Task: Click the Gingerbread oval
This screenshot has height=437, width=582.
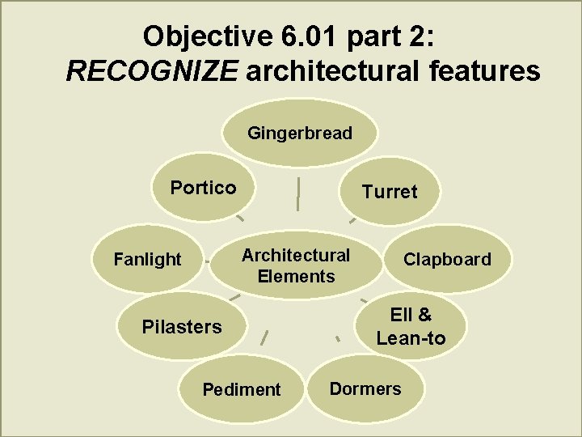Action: pyautogui.click(x=300, y=133)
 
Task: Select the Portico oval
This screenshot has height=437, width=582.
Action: pyautogui.click(x=203, y=189)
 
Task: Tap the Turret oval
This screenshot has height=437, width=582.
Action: pyautogui.click(x=390, y=192)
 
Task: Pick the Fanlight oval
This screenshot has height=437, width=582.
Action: pyautogui.click(x=147, y=260)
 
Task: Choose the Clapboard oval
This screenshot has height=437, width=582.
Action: pyautogui.click(x=447, y=260)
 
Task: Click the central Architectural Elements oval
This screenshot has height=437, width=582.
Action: pyautogui.click(x=296, y=265)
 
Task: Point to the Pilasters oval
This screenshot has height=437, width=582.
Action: pyautogui.click(x=181, y=327)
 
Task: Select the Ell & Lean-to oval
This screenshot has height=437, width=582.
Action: pyautogui.click(x=411, y=326)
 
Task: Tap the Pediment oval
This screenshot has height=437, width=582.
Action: pyautogui.click(x=241, y=389)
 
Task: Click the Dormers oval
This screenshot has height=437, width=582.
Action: pyautogui.click(x=365, y=388)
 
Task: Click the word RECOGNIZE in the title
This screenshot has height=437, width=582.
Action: pyautogui.click(x=152, y=72)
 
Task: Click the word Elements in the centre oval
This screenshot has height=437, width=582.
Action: pyautogui.click(x=296, y=276)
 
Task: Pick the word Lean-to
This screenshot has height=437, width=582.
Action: pyautogui.click(x=411, y=337)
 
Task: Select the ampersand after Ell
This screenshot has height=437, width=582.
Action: pyautogui.click(x=424, y=315)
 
